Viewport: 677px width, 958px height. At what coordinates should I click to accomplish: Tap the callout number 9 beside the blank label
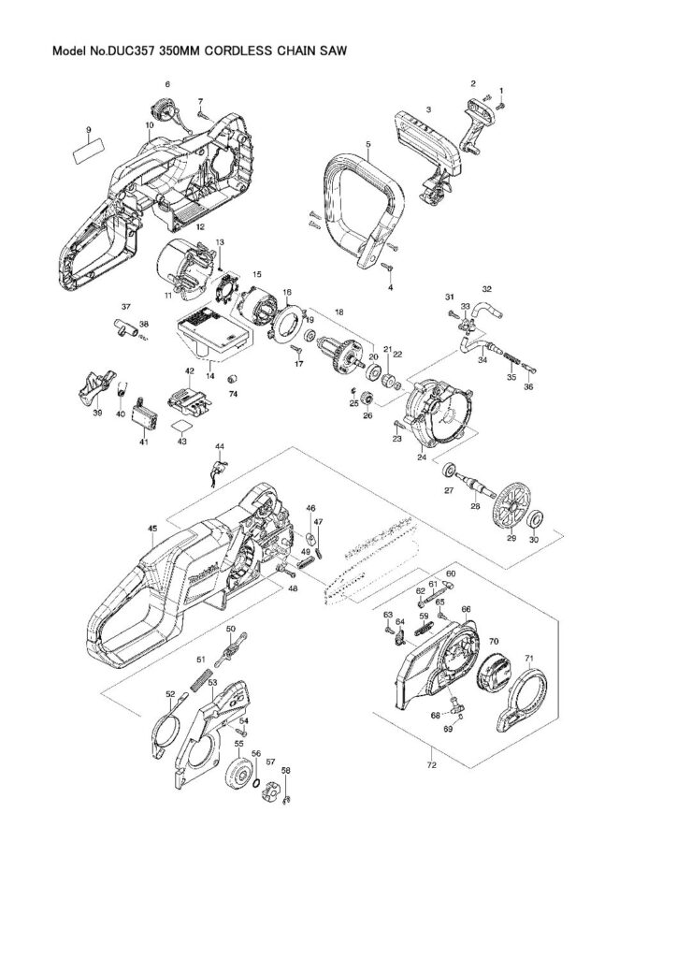coord(88,129)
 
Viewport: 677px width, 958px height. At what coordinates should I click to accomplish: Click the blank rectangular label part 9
coord(89,150)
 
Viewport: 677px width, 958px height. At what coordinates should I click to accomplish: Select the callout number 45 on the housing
coord(151,529)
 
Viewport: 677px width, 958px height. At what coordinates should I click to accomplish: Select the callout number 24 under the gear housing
coord(422,458)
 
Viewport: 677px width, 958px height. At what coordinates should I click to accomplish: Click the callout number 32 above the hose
coord(486,289)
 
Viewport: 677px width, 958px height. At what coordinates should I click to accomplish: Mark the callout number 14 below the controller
coord(210,376)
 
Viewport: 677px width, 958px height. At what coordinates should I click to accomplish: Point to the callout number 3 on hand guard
coord(427,109)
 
